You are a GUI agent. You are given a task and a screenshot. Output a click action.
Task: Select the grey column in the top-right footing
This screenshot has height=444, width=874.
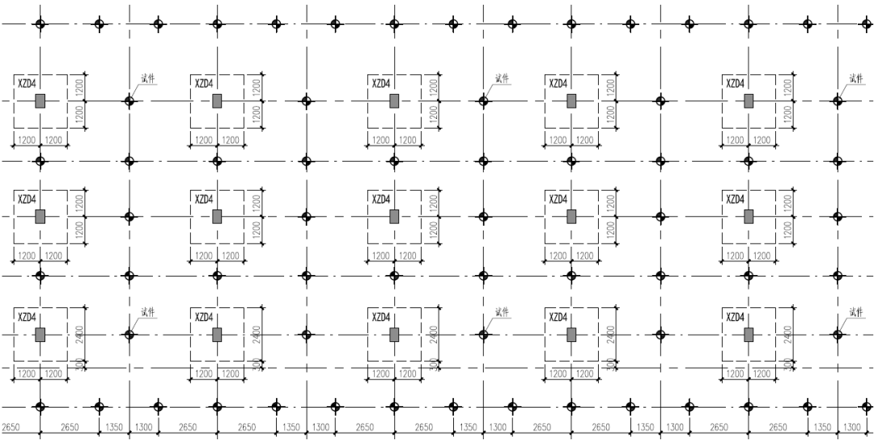749,101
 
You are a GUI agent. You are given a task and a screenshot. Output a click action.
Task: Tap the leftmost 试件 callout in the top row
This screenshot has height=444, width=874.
148,79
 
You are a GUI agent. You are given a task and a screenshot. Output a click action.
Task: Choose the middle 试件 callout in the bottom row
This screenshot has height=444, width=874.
503,312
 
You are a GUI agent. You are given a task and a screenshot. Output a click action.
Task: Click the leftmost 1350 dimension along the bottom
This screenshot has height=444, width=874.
113,427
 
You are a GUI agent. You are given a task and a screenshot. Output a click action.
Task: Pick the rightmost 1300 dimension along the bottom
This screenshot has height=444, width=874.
851,427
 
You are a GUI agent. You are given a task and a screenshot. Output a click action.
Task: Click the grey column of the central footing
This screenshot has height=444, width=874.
394,217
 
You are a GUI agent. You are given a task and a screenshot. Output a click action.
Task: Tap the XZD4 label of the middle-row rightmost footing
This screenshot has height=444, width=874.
735,199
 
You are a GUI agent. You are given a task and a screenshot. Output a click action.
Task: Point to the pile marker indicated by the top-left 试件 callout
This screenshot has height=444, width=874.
129,102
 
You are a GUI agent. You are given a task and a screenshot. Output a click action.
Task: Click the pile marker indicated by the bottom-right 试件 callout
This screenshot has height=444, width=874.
838,333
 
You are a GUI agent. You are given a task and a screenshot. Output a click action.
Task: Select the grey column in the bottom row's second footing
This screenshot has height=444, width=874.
217,334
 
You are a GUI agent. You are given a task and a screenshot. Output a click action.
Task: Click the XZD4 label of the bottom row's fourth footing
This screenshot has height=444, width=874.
558,316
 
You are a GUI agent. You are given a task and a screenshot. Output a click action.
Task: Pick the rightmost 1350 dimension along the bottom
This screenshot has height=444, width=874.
822,427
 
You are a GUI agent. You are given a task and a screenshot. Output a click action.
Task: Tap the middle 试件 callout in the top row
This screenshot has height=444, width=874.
503,79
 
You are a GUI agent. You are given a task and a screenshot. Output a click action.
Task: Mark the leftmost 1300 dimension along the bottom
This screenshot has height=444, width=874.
142,427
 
